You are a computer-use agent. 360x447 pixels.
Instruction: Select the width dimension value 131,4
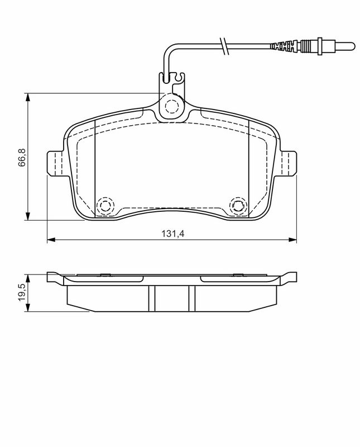(173, 234)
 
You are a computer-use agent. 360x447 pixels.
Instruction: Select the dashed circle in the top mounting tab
(171, 105)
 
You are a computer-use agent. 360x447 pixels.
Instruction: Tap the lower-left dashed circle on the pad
(104, 205)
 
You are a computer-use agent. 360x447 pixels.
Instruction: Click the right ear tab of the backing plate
(289, 164)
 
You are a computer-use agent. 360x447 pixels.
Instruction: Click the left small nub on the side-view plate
(104, 274)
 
